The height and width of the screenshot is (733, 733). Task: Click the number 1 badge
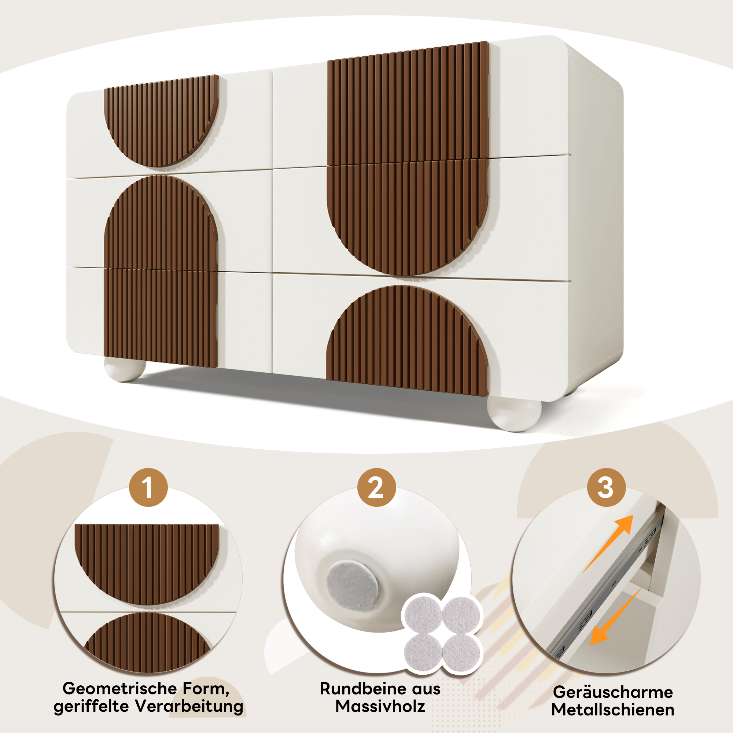pos(148,487)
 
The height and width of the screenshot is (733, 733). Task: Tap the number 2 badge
pos(376,487)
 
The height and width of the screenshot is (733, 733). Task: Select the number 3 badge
pos(606,487)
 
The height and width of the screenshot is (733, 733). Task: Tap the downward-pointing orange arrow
pos(615,617)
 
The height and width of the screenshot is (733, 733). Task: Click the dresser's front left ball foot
pos(125,369)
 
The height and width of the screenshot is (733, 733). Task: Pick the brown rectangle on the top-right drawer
pos(408,103)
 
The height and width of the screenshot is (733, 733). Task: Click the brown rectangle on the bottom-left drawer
pos(161,318)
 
